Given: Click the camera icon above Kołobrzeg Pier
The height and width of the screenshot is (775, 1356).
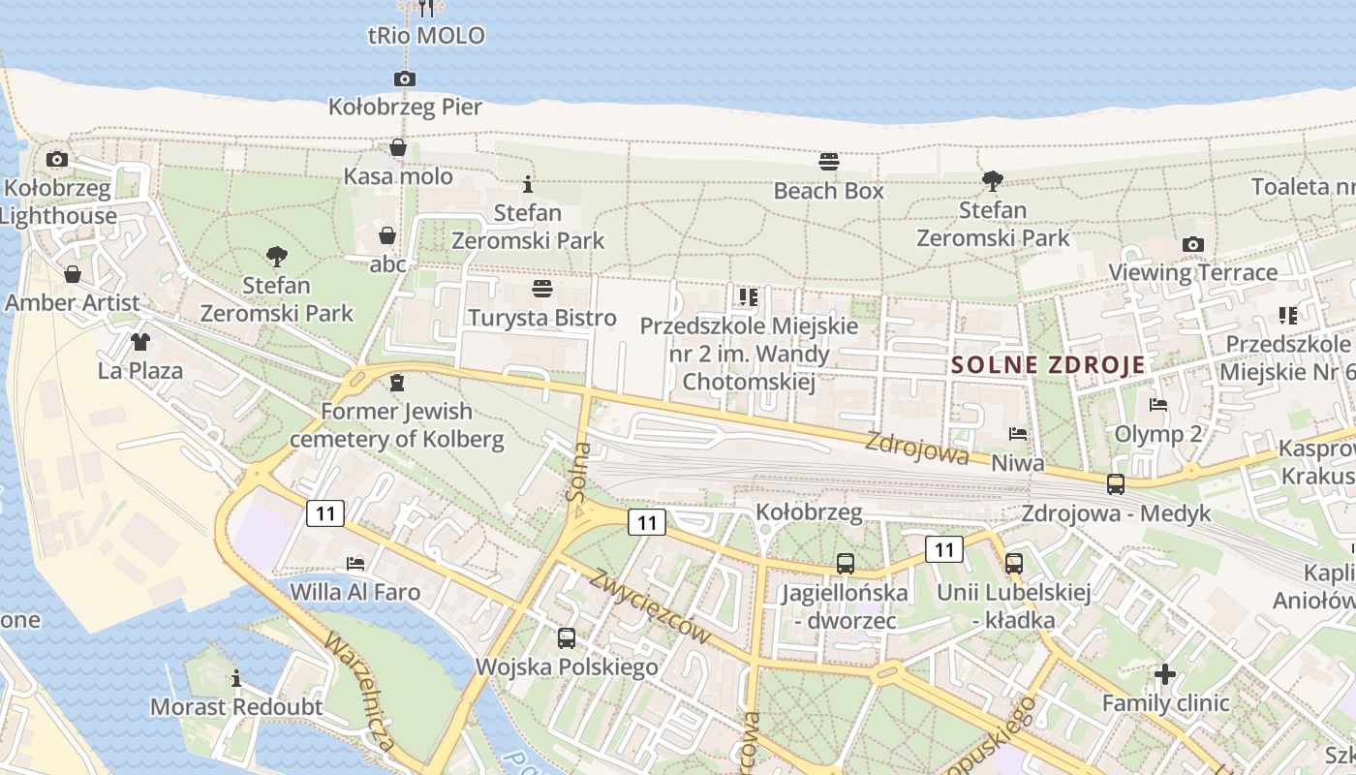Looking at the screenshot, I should click(405, 78).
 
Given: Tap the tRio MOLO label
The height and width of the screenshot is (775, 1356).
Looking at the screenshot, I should click(426, 37).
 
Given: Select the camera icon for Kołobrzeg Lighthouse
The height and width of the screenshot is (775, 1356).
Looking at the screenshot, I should click(57, 159).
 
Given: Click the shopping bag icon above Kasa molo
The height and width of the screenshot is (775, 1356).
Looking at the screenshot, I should click(398, 147).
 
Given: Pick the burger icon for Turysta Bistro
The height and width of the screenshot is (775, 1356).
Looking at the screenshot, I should click(541, 289).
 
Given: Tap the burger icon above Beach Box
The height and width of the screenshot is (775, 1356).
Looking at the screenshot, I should click(828, 161).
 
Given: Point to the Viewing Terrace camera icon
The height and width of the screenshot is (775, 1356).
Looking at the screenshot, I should click(1193, 244).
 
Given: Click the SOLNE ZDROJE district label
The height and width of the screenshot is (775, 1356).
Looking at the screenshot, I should click(1048, 365).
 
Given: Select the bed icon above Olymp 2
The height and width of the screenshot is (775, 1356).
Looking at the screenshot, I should click(1157, 405).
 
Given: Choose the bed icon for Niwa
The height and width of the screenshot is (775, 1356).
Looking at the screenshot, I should click(1017, 434).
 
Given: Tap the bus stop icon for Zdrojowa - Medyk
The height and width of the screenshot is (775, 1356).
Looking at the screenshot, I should click(1116, 483).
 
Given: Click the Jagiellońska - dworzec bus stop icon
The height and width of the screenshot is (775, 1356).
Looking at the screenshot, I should click(846, 564).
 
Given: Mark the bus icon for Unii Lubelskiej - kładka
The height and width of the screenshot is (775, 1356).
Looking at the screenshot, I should click(1014, 563).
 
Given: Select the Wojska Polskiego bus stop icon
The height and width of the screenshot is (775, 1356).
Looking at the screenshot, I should click(567, 638).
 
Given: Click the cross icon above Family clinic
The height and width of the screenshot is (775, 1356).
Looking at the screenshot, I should click(1165, 673).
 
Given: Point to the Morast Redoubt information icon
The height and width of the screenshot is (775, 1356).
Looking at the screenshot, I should click(236, 678).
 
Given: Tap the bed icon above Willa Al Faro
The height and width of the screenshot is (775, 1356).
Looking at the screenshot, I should click(355, 563).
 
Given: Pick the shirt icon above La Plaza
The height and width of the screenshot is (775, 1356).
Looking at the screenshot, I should click(140, 341).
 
